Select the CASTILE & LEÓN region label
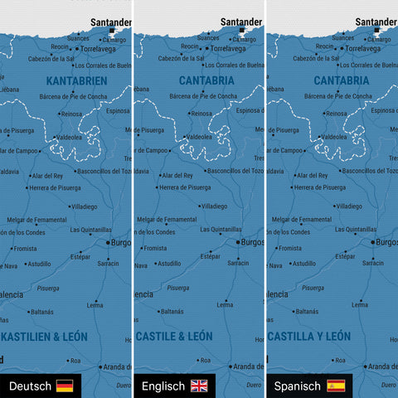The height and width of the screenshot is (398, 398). [174, 336]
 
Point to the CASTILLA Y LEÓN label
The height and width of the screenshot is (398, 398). [309, 336]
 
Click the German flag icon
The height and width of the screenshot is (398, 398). [64, 386]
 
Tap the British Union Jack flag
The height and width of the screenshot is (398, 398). [199, 386]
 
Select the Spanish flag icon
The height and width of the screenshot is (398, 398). [336, 386]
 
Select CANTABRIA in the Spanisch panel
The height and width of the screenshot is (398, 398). [342, 80]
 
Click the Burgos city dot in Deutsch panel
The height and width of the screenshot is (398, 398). [106, 242]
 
